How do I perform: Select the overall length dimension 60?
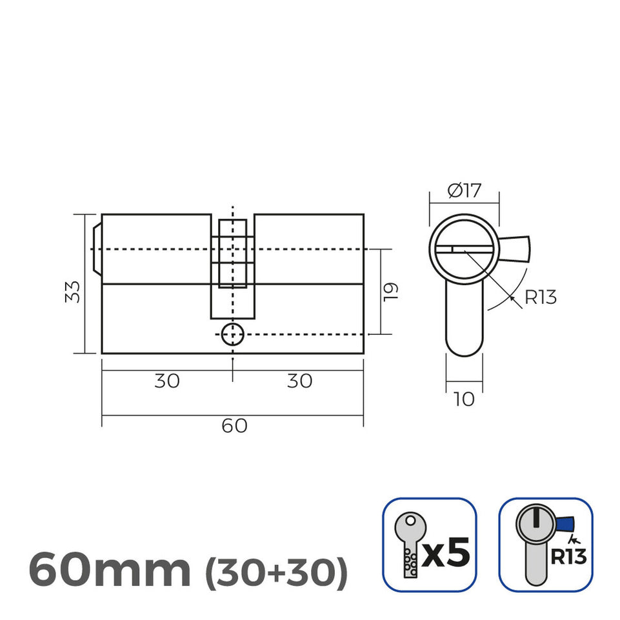(x=234, y=426)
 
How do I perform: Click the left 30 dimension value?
(x=166, y=381)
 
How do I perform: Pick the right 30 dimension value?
(x=299, y=381)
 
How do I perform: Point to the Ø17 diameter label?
(x=464, y=191)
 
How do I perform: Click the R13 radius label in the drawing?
(x=540, y=297)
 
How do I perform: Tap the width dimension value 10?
(x=464, y=399)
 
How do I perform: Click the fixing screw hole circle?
(x=232, y=335)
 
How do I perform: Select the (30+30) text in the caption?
(x=276, y=570)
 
